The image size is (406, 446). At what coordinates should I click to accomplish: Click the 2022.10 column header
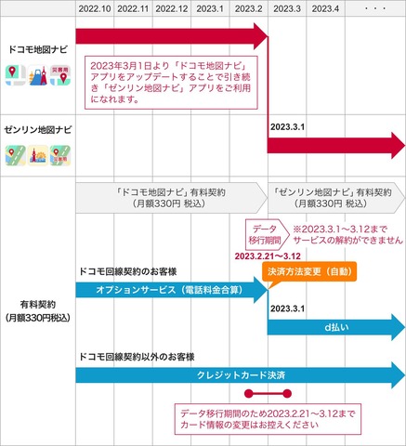95,8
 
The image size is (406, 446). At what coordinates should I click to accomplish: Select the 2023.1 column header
210,8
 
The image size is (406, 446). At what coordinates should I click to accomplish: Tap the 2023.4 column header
325,8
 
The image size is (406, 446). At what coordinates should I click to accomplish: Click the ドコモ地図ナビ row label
38,49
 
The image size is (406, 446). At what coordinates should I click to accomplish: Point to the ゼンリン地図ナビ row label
38,129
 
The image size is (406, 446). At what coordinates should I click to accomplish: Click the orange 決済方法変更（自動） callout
309,271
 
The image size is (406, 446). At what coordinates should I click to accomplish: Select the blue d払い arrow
336,327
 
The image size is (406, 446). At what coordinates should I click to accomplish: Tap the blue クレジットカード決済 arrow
241,375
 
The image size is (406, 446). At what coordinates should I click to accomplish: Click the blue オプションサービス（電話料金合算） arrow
172,290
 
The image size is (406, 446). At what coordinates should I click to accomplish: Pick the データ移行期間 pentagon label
267,234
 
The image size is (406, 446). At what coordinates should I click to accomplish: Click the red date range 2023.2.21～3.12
268,256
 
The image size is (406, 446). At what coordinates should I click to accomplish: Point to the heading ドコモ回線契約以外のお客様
137,357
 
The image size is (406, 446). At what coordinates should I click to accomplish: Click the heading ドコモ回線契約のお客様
128,271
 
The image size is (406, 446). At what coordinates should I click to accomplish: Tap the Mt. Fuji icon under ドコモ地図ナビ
38,75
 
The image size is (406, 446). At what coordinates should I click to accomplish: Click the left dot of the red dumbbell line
249,394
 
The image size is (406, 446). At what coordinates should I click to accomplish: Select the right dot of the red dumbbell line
287,394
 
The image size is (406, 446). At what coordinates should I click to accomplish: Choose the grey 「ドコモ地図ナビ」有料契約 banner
172,198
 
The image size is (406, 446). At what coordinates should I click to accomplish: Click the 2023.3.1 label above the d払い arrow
288,308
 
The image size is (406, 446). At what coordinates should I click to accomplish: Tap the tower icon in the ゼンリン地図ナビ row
38,155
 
